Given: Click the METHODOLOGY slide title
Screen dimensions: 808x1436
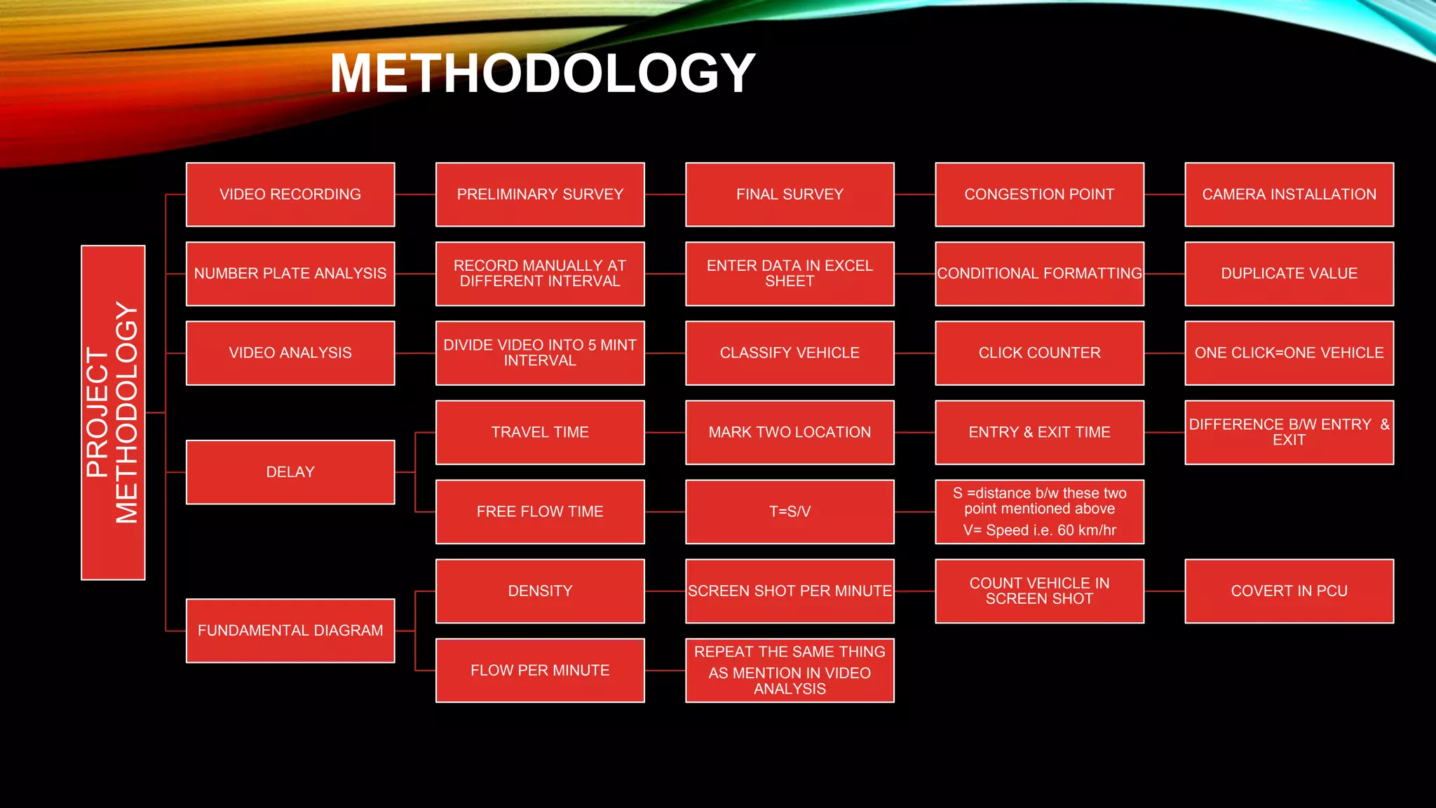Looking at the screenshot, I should [x=542, y=74].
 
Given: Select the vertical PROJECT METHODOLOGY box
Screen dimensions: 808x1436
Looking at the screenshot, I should [x=113, y=412].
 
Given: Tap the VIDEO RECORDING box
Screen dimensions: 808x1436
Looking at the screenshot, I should [x=290, y=194].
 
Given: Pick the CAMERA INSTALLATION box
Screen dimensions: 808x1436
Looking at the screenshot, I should [x=1289, y=194].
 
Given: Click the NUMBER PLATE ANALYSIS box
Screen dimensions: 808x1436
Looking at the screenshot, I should [x=290, y=274].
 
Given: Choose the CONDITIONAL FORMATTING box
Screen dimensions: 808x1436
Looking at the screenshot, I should [x=1039, y=274].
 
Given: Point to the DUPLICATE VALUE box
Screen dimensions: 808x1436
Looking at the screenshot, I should [x=1289, y=274].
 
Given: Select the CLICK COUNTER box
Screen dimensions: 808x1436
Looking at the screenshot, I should [x=1039, y=353].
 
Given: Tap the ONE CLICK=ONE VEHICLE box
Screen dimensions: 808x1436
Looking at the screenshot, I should [x=1289, y=353].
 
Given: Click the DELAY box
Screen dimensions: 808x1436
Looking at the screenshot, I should [x=290, y=472].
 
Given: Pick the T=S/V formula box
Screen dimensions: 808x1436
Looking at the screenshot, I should [x=790, y=512].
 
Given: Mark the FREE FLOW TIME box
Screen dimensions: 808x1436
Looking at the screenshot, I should [x=540, y=512].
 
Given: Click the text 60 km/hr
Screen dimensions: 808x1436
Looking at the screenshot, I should [x=1086, y=530].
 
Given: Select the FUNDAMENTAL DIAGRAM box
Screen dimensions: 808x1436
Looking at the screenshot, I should [x=290, y=631].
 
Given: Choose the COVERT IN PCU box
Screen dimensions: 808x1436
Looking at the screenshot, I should [x=1289, y=591].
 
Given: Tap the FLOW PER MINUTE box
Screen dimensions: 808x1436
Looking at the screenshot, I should [x=540, y=671].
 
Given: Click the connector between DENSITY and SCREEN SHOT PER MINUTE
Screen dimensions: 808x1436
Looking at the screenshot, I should [x=665, y=591].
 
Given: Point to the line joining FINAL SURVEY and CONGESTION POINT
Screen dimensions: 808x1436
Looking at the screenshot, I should [x=914, y=194].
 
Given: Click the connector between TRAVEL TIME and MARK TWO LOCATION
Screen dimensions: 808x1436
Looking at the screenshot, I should [x=665, y=432].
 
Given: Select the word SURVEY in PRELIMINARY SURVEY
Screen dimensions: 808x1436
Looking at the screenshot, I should [x=592, y=194].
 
